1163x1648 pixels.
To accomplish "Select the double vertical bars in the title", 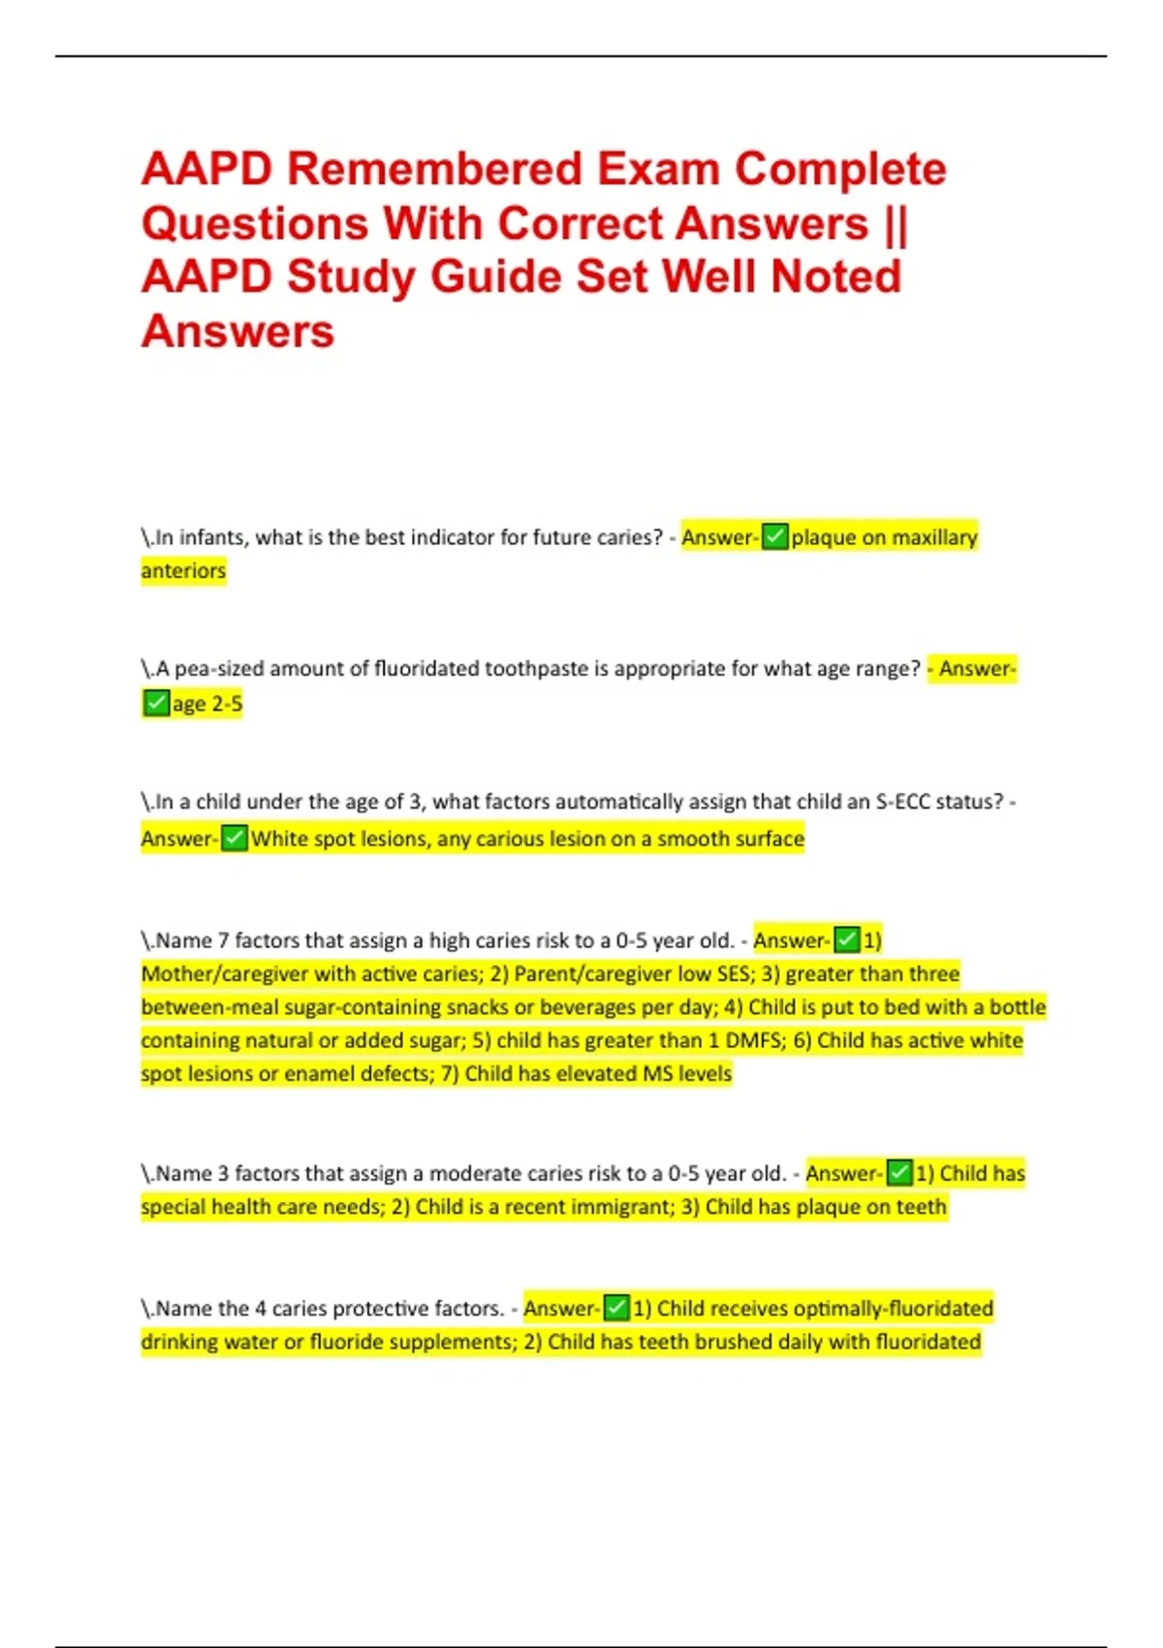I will pos(896,224).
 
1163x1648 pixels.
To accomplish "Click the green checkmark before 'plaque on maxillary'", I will pos(774,537).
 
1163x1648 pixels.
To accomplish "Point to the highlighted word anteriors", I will pos(183,571).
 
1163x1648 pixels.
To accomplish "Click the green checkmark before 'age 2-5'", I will pos(156,703).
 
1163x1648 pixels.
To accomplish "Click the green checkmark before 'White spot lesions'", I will pos(235,839).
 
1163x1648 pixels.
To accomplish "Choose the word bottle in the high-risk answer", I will pos(1017,1007).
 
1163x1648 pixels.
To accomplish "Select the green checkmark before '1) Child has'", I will pos(899,1174).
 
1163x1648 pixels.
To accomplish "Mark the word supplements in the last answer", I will pos(443,1343).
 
